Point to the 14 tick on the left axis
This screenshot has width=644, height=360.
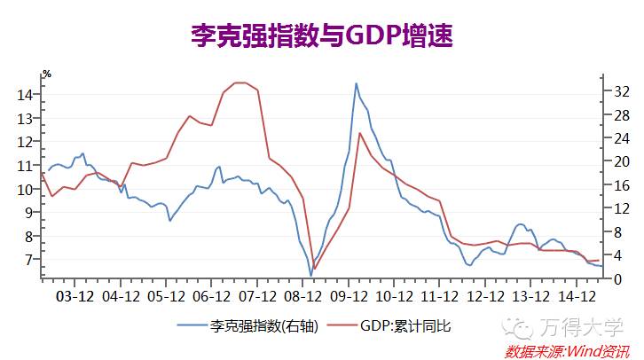26,95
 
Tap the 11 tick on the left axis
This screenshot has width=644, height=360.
26,166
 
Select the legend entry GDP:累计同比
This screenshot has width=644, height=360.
404,326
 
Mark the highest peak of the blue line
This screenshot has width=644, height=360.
356,83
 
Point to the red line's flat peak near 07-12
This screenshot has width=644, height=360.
240,82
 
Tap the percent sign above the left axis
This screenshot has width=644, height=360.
47,74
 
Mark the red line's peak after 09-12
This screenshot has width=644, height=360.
359,133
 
